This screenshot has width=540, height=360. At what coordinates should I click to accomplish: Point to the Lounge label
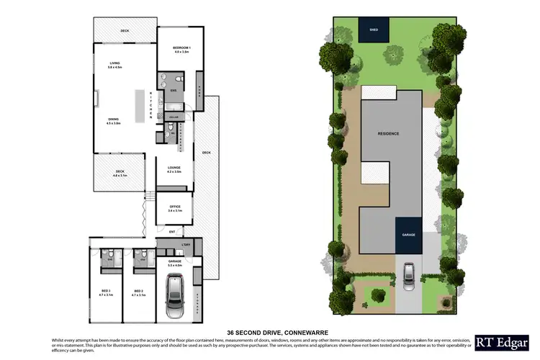coord(174,169)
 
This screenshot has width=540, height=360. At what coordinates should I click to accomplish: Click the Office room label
coord(174,207)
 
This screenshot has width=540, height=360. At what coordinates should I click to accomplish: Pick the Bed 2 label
coord(138,292)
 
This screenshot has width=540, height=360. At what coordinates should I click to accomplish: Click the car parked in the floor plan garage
coord(174,296)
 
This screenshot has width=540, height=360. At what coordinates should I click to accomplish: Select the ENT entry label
coord(172,232)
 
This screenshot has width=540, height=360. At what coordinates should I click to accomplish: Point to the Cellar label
coord(174,116)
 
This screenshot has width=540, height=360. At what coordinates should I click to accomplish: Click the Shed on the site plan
coord(373,31)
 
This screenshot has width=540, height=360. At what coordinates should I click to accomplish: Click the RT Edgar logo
coord(497,339)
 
